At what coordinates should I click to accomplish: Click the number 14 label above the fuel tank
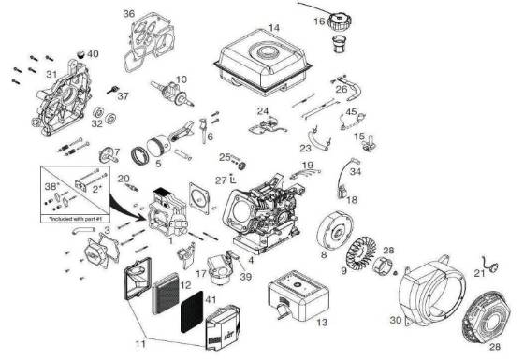[274, 27]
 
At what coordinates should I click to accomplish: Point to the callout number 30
[396, 321]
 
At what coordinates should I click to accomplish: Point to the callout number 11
[139, 344]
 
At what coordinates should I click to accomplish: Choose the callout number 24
[263, 111]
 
